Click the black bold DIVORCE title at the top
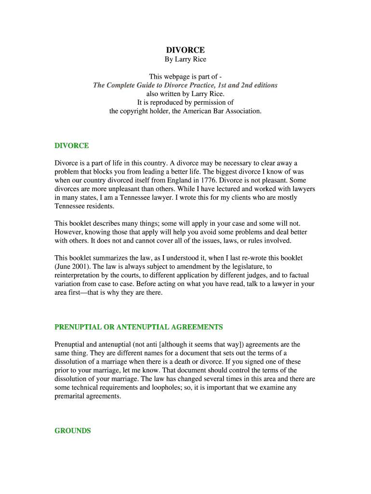pyautogui.click(x=185, y=50)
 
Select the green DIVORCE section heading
pyautogui.click(x=71, y=146)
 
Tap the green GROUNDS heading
pyautogui.click(x=72, y=431)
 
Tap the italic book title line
pyautogui.click(x=185, y=85)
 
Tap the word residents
pyautogui.click(x=99, y=206)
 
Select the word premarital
pyautogui.click(x=72, y=396)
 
